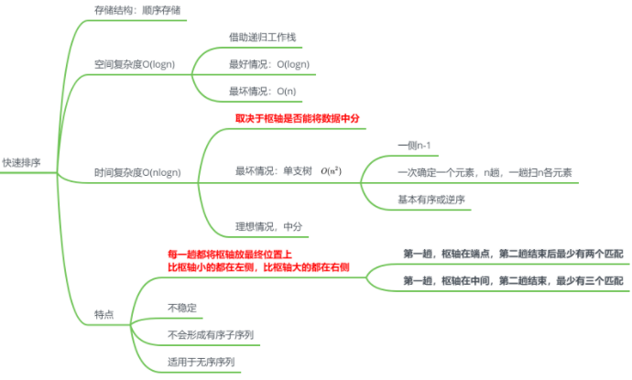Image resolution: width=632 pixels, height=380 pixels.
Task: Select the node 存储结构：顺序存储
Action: (x=136, y=11)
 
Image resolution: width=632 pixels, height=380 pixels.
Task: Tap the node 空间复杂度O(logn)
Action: (x=147, y=65)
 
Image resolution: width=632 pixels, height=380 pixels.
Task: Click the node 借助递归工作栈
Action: (x=263, y=38)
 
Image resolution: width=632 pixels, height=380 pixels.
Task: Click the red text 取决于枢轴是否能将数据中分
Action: (x=298, y=118)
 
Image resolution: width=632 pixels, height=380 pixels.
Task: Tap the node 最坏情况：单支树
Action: (x=274, y=171)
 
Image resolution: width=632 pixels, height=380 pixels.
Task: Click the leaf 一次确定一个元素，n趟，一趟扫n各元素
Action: (x=485, y=171)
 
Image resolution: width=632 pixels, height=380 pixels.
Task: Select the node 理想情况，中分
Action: (x=268, y=225)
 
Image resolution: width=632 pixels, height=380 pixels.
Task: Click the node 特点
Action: (x=104, y=314)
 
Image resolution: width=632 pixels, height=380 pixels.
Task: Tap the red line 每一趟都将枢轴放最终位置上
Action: (x=230, y=254)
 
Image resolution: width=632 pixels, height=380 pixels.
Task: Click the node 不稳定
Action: (x=182, y=307)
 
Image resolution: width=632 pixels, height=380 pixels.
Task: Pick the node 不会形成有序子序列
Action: (x=210, y=334)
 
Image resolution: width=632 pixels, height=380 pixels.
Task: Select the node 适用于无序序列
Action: (x=202, y=362)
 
